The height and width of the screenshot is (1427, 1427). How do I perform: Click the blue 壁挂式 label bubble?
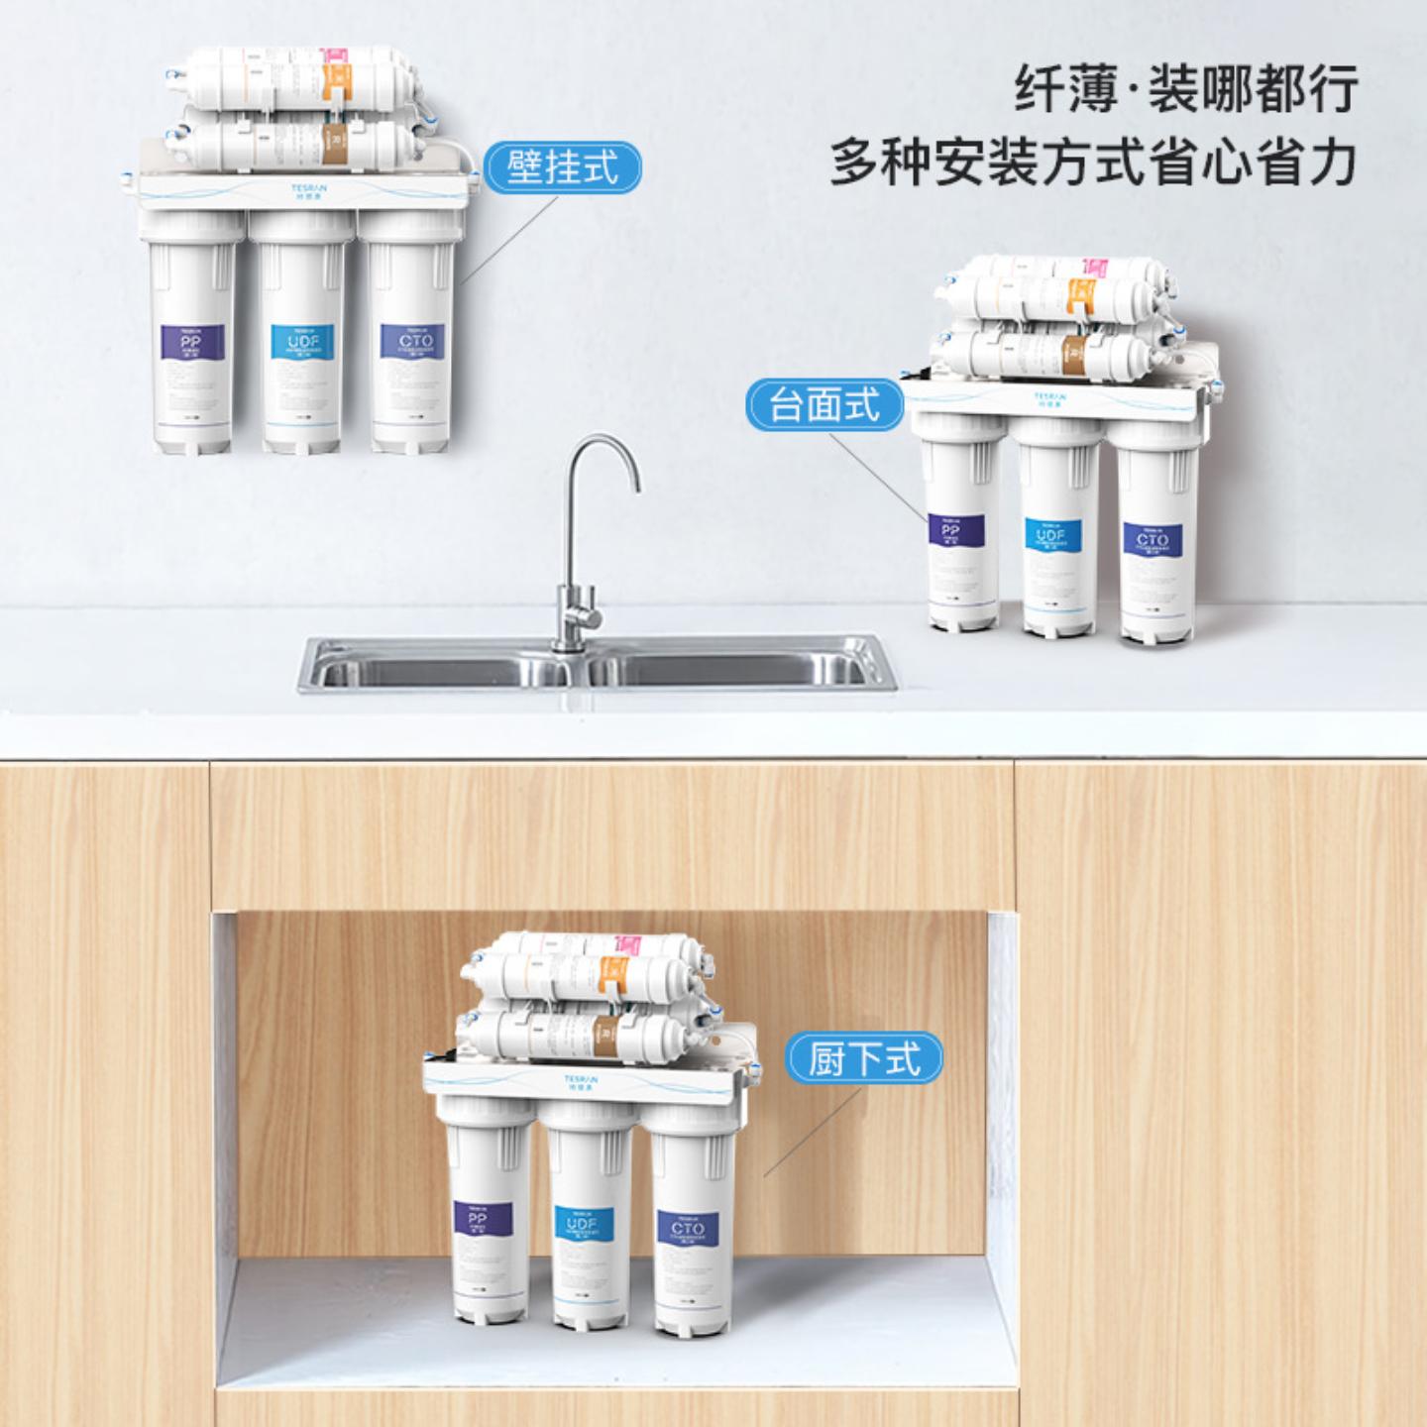pos(562,167)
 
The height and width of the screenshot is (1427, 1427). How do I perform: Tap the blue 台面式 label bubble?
pos(824,404)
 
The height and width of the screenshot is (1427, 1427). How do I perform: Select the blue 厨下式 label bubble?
pos(864,1058)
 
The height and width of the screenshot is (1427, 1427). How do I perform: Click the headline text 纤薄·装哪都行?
pos(1185,89)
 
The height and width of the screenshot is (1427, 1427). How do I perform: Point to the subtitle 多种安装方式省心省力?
pos(1092,163)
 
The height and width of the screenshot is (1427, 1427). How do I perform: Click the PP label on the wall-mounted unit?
pos(191,342)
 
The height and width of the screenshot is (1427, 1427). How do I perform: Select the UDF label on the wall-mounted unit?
pos(302,342)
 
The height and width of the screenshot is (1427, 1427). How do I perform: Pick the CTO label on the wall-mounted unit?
pos(415,342)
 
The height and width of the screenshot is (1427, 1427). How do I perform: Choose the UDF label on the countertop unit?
pos(1051,535)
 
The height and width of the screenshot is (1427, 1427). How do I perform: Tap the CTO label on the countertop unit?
pos(1152,540)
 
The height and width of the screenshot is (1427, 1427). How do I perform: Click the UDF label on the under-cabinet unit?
pos(583,1224)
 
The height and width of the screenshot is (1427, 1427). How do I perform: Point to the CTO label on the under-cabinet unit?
pos(687,1229)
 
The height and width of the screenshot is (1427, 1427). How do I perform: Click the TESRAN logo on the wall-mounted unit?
pos(309,187)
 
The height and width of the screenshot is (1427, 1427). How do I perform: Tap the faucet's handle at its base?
pos(589,616)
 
